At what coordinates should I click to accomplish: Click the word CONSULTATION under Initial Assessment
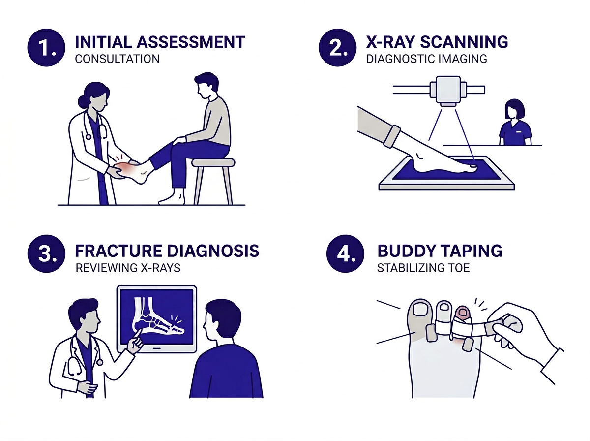117,59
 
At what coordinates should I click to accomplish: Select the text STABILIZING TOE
418,269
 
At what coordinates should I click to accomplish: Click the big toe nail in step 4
421,309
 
